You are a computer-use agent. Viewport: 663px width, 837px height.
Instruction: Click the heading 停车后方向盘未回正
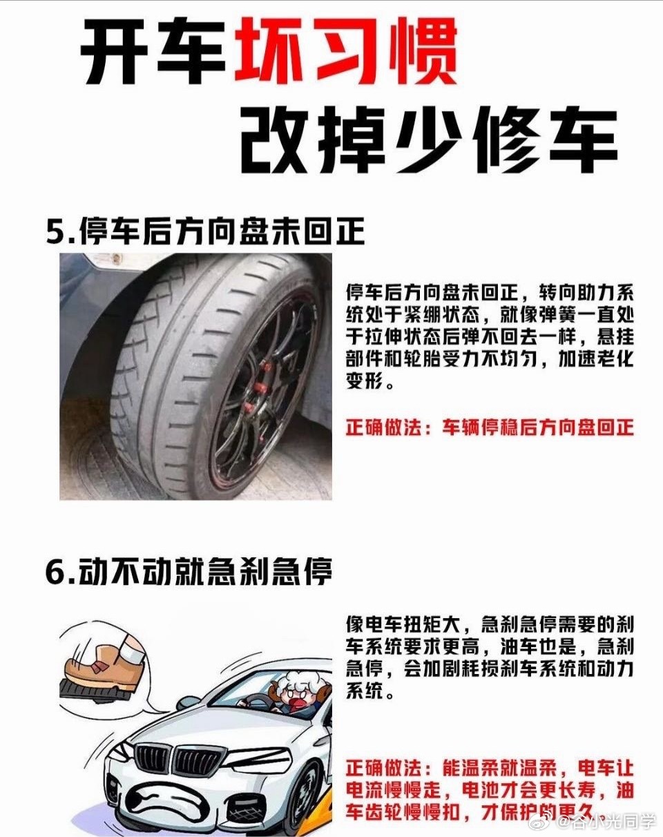click(x=222, y=232)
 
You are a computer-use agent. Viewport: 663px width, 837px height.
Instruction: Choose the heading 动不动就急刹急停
click(x=205, y=571)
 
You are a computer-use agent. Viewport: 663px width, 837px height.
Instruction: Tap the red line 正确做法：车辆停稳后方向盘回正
click(x=490, y=428)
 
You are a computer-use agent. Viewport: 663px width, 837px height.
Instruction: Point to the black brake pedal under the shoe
click(x=95, y=691)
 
